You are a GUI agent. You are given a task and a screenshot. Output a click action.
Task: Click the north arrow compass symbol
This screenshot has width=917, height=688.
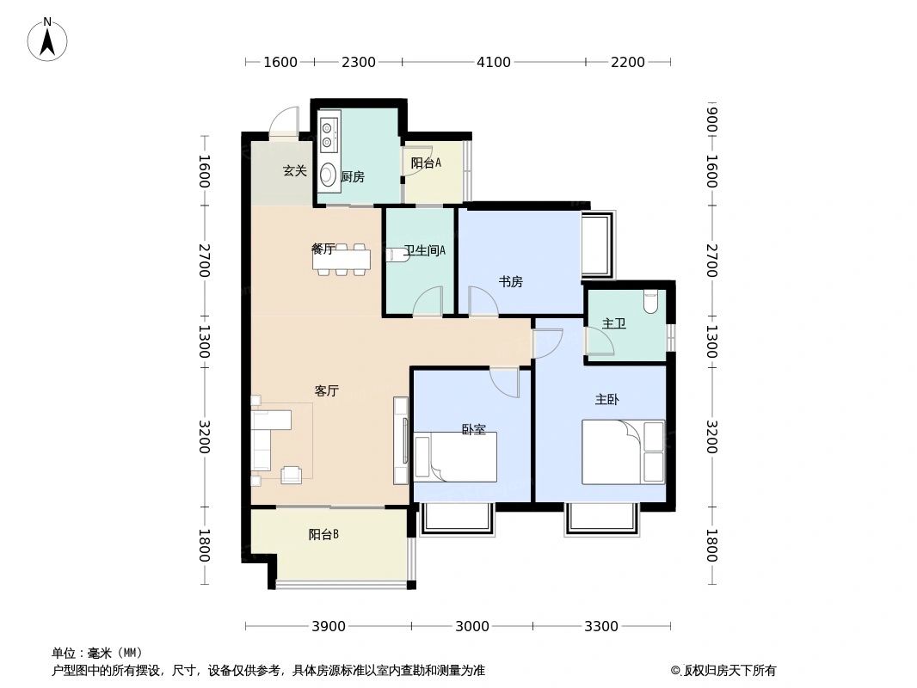tap(47, 40)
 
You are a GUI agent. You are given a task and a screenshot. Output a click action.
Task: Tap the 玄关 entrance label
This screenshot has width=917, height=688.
tap(295, 170)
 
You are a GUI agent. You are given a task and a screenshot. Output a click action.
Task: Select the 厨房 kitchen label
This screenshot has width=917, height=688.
tap(353, 177)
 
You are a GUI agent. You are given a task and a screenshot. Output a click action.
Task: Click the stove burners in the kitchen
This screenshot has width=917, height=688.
tap(328, 134)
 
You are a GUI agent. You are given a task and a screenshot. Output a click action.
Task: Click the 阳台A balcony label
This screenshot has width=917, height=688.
tap(426, 163)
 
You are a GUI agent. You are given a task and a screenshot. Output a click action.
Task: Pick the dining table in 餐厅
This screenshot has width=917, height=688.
tap(342, 259)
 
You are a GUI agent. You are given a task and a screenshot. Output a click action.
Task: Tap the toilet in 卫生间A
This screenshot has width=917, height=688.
tap(397, 255)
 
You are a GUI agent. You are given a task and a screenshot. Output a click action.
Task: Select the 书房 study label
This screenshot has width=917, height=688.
tap(511, 281)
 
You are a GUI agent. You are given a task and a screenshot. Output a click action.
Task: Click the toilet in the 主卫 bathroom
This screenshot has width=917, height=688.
tap(650, 301)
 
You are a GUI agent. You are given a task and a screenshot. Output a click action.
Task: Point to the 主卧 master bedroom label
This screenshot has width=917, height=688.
tap(607, 399)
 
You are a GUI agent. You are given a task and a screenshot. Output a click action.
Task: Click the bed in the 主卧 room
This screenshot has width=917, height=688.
tap(623, 451)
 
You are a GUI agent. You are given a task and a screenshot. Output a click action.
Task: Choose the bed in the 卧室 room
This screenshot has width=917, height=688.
tap(455, 458)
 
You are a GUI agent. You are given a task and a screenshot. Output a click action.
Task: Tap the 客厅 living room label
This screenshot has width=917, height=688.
tap(326, 390)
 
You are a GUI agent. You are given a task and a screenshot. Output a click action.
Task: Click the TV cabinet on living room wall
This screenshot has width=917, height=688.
tap(401, 440)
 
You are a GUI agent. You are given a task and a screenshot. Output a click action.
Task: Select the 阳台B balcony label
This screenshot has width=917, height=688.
tap(323, 534)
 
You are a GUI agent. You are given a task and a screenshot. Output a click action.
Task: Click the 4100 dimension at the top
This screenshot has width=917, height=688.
tap(494, 62)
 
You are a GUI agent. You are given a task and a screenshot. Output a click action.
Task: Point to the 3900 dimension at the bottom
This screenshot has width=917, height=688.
tap(328, 626)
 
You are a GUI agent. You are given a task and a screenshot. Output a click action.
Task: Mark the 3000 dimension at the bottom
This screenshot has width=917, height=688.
tap(472, 626)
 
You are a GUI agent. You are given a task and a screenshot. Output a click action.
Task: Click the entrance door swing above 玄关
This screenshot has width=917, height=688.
tap(285, 123)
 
